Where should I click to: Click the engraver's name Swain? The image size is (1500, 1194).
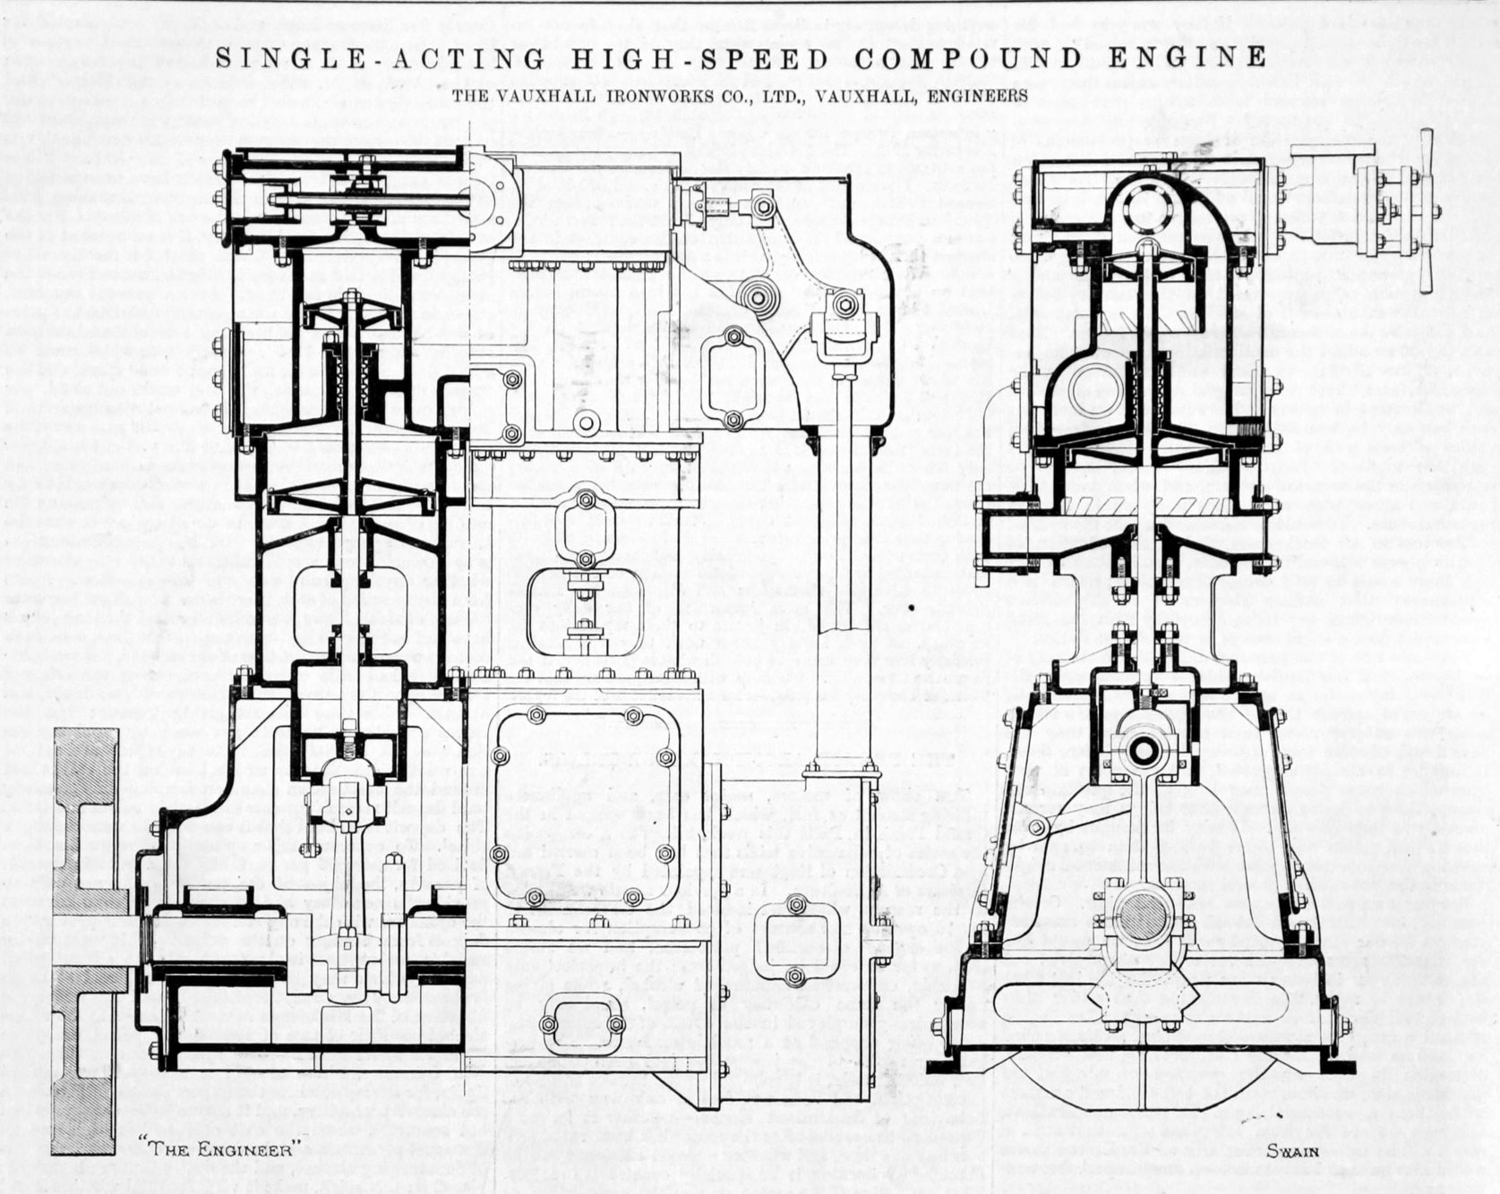tap(1292, 1150)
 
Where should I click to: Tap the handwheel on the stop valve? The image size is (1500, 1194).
tap(1426, 210)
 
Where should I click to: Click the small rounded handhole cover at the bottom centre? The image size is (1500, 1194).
tap(579, 1022)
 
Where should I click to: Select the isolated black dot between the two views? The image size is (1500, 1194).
tap(911, 608)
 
